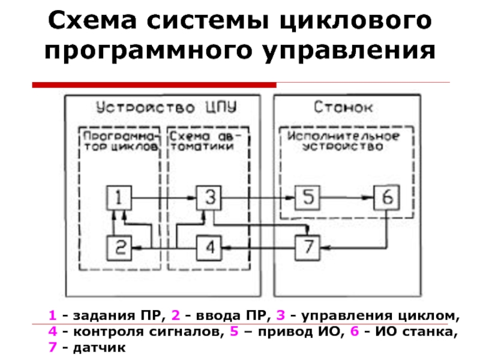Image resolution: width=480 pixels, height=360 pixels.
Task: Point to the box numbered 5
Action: point(308,196)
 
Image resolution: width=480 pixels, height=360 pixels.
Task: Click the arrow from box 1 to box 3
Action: point(165,196)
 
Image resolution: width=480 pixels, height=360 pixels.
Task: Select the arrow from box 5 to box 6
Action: point(347,196)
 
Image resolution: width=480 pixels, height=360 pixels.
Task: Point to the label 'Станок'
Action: point(343,108)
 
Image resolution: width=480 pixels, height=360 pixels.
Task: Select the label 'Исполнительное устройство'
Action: point(343,141)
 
